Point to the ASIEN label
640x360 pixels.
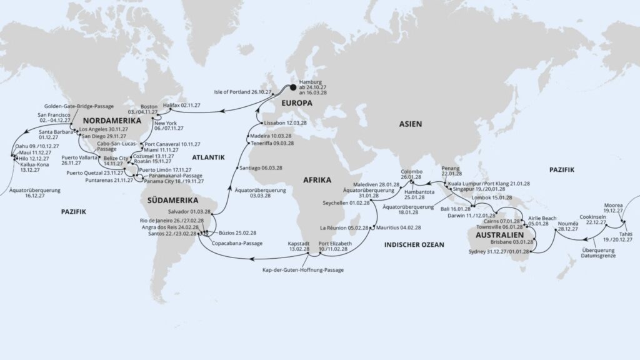coord(411,124)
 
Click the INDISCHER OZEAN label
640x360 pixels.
coord(414,245)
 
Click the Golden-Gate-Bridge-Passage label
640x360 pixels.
coord(80,106)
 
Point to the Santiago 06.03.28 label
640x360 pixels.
coord(258,168)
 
